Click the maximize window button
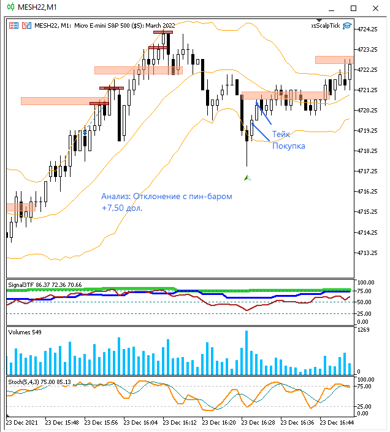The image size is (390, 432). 353,8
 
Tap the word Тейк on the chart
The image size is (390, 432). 281,134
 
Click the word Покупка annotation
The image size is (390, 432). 288,146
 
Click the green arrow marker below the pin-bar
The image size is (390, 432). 247,178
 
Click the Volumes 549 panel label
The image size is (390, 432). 25,332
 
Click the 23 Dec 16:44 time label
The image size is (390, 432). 338,423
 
